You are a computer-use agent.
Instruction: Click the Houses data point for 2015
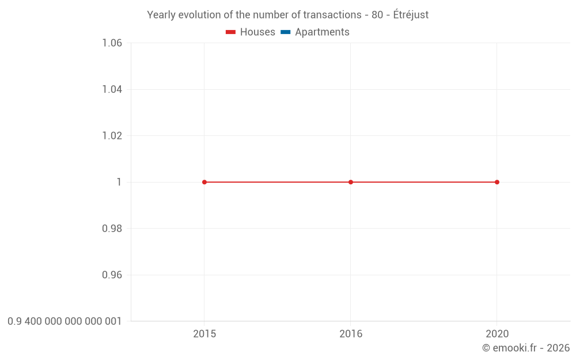[204, 182]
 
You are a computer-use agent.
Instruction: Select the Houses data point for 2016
[351, 182]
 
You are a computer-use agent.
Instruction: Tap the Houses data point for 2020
[497, 182]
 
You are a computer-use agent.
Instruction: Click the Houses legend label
[257, 32]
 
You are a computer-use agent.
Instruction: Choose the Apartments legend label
[322, 32]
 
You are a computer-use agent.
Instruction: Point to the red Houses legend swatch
[231, 32]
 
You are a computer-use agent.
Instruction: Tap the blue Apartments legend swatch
[286, 32]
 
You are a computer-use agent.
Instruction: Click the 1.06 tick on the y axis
[112, 43]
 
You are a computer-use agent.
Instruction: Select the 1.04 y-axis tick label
[112, 89]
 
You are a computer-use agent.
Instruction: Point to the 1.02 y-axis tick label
[112, 136]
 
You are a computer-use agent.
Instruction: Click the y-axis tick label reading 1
[119, 182]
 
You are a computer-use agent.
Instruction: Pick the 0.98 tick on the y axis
[112, 229]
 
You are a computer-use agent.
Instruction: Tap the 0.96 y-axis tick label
[112, 275]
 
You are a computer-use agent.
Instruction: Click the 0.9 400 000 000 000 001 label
[65, 321]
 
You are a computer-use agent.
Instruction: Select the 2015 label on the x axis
[204, 334]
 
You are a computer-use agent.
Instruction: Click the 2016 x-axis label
[351, 334]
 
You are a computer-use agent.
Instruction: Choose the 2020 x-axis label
[497, 334]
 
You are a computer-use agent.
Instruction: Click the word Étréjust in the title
[411, 15]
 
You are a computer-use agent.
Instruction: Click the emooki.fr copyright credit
[526, 348]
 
